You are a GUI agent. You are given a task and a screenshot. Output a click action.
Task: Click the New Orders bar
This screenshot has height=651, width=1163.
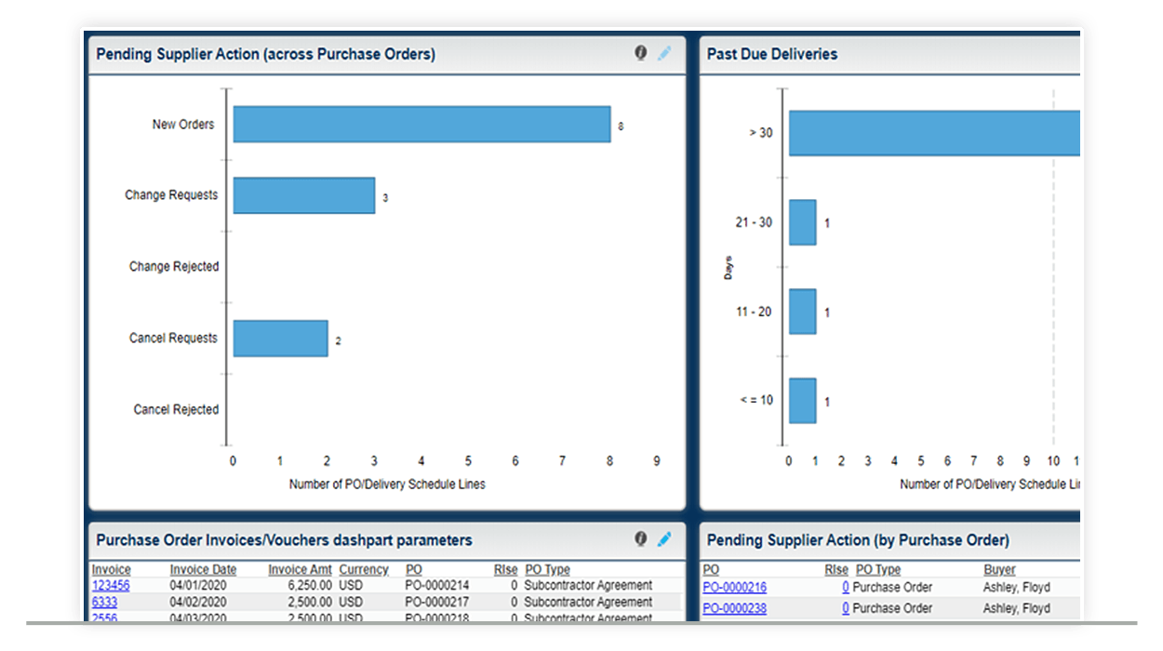(x=421, y=124)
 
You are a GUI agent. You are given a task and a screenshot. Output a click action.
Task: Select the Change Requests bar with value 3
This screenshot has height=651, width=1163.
(x=303, y=195)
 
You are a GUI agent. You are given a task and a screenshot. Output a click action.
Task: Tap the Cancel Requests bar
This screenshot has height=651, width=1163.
(x=280, y=339)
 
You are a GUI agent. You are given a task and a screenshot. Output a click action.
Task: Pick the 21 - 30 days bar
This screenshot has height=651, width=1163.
(x=802, y=223)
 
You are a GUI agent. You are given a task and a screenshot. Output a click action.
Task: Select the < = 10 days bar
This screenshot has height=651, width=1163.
(x=802, y=401)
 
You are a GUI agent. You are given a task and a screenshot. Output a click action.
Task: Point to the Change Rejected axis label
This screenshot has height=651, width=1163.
(x=174, y=267)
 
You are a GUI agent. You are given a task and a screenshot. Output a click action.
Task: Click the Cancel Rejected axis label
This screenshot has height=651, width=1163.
(x=176, y=410)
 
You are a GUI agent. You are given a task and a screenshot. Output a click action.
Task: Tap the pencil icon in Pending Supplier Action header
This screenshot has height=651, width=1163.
(x=664, y=53)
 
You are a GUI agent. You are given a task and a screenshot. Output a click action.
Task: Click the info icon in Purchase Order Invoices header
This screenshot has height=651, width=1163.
(x=641, y=538)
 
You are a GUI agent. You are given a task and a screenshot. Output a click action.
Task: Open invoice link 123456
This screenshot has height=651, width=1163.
(x=111, y=586)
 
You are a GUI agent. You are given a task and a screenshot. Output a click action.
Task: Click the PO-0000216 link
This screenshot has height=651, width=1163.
(x=734, y=588)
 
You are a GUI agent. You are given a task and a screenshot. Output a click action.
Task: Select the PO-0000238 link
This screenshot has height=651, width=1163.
(x=734, y=608)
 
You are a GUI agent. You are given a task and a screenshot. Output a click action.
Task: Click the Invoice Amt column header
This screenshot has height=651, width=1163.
(x=300, y=569)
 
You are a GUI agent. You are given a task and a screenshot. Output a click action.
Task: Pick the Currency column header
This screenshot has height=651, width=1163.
(x=363, y=569)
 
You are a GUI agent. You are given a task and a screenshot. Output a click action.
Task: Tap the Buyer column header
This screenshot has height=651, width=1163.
(x=999, y=569)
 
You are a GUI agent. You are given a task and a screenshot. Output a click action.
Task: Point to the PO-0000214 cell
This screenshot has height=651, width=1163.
(x=437, y=586)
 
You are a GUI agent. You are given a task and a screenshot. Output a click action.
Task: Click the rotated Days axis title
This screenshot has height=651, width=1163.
(x=729, y=268)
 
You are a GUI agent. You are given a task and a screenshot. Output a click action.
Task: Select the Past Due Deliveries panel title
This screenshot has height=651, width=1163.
(x=771, y=54)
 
